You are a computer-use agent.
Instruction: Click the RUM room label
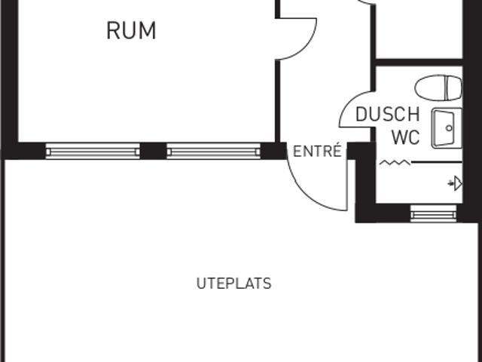tap(131, 30)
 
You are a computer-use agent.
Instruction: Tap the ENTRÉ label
tap(317, 151)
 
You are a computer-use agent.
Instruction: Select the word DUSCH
tap(388, 114)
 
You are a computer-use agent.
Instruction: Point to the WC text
tap(406, 137)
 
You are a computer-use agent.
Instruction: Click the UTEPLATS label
tap(234, 284)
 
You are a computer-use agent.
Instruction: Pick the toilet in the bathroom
tap(438, 87)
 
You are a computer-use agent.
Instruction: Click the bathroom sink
tap(447, 128)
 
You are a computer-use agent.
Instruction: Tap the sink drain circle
tap(449, 128)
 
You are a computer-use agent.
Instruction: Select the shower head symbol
tap(455, 183)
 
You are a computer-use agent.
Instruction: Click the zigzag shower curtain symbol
tap(395, 162)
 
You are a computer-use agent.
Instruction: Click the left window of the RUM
tap(93, 151)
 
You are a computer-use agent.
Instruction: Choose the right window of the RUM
tap(214, 151)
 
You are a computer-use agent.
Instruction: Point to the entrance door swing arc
tap(307, 195)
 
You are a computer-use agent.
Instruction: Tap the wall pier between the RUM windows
tap(154, 151)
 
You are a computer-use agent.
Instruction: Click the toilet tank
tap(454, 87)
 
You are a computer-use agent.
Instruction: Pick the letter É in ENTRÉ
tap(337, 150)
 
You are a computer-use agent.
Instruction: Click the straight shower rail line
tap(437, 162)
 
